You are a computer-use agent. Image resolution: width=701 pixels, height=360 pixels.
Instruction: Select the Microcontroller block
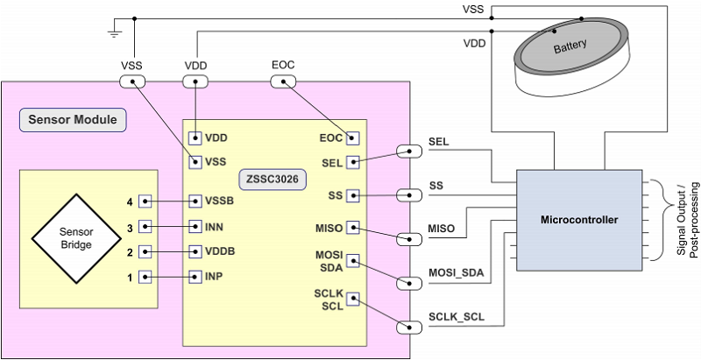tap(578, 218)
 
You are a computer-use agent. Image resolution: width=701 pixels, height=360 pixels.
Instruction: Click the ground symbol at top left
tap(114, 33)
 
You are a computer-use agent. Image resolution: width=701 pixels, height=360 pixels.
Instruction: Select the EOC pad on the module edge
tap(283, 81)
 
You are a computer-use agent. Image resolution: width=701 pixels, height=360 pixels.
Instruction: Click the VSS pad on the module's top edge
tap(131, 81)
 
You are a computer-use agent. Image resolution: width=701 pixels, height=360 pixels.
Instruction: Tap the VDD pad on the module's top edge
tap(195, 81)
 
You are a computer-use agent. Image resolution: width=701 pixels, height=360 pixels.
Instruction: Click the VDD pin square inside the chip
tap(195, 138)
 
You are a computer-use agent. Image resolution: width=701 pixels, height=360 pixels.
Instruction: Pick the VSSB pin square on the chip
tap(195, 201)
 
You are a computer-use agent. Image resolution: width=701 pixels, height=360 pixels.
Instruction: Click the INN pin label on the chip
tap(216, 226)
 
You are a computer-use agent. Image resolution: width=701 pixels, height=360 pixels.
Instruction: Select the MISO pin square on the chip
tap(352, 228)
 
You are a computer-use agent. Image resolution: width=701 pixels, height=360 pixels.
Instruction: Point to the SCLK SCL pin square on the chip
tap(352, 300)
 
